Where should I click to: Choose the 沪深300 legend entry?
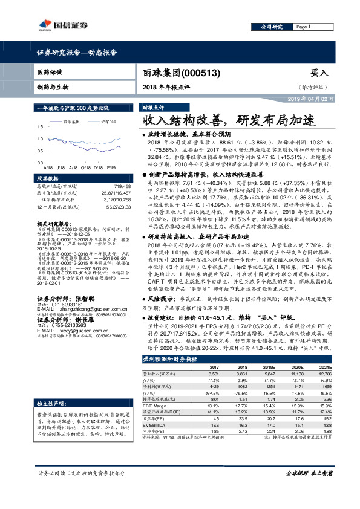[109, 122]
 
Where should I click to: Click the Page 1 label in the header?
[303, 27]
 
